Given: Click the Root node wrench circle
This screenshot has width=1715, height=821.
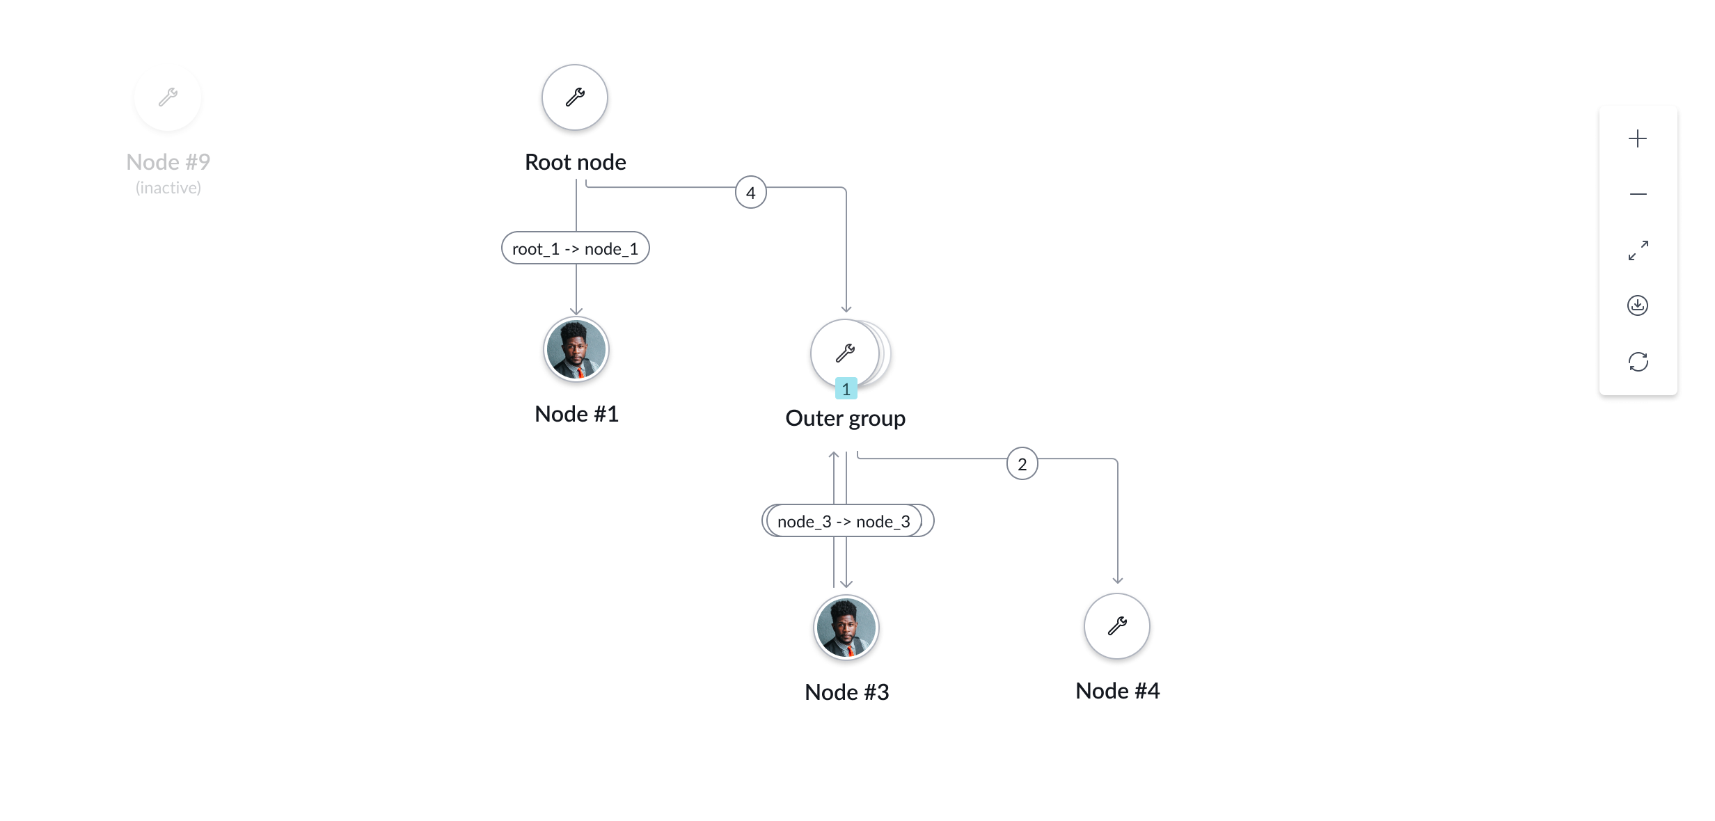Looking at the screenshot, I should coord(575,97).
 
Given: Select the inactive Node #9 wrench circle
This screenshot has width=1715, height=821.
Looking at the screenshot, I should coord(168,97).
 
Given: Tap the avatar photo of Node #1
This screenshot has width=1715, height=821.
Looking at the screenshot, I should coord(576,349).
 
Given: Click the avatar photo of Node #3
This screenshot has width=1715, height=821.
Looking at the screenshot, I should coord(846,628).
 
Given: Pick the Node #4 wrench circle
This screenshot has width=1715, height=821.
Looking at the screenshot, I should coord(1117,626).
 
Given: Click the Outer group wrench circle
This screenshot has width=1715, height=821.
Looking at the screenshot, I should coord(845,353).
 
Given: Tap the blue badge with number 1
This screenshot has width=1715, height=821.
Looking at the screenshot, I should coord(846,389).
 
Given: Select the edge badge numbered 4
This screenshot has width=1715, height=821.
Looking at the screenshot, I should coord(750,193).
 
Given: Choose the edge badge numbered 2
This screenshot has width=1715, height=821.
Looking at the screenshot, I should coord(1022,464).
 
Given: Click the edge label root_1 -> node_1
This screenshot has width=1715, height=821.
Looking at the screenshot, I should coord(576,248).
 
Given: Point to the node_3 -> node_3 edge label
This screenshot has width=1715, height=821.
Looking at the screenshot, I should coord(844,521).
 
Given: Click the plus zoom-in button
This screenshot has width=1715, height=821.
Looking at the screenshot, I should coord(1638,138).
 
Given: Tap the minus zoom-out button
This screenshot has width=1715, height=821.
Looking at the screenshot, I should coord(1638,194).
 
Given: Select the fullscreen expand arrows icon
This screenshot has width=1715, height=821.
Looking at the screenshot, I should coord(1638,250).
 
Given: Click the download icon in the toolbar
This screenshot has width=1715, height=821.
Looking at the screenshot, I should coord(1638,305).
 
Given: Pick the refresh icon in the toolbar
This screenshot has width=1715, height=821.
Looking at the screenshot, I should coord(1638,362).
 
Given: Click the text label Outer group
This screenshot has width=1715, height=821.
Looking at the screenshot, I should coord(845,418).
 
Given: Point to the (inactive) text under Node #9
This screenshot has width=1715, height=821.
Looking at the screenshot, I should coord(168,188).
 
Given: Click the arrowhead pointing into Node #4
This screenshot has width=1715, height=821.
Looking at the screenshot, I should coord(1118,580).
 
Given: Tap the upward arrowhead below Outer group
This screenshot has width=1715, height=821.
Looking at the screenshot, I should coord(834,456).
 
